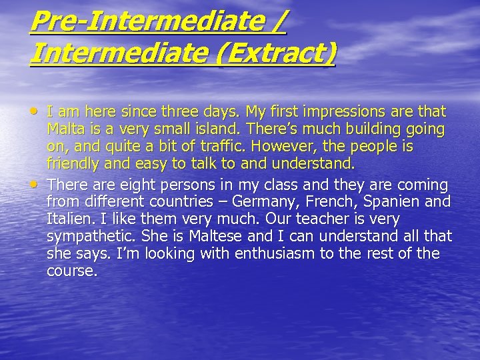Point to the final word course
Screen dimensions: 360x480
pos(71,271)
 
